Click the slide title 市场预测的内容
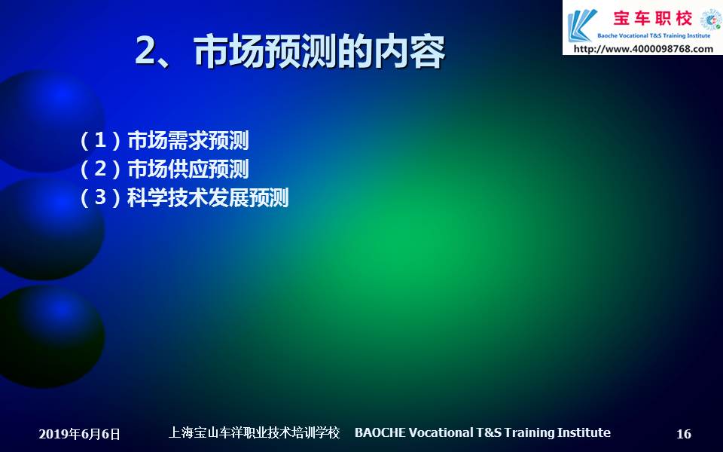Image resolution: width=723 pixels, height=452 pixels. (x=319, y=51)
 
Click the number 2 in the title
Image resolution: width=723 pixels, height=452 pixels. (x=146, y=51)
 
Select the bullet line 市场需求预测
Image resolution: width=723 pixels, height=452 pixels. (x=188, y=140)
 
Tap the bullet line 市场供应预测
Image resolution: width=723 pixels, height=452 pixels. (x=188, y=169)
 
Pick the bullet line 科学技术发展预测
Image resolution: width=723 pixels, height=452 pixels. (x=208, y=197)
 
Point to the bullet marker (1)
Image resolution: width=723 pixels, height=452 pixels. (x=100, y=140)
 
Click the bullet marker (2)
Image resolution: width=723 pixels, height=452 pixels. (x=100, y=169)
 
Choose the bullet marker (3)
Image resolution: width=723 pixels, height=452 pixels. (x=100, y=197)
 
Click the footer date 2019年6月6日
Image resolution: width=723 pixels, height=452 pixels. (x=79, y=434)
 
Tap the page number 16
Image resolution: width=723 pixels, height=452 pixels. (x=684, y=434)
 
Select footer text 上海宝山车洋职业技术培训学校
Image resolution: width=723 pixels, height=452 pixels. (x=254, y=432)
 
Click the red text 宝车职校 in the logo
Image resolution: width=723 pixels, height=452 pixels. (x=652, y=18)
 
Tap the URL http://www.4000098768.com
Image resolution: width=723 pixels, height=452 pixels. (x=643, y=48)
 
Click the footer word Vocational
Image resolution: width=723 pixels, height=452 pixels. (x=441, y=432)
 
